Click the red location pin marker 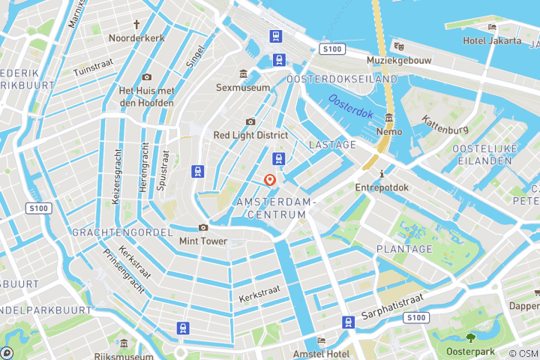[x=270, y=180]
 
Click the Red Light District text [x=250, y=135]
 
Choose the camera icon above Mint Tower [x=202, y=227]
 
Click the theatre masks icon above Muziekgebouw [x=400, y=46]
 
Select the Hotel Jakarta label [x=492, y=40]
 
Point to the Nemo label [x=389, y=131]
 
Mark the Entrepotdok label [x=382, y=187]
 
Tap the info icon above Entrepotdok [x=382, y=172]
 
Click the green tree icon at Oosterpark [x=471, y=337]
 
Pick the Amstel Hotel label [x=322, y=354]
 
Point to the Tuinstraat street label [x=92, y=70]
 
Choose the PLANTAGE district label [x=404, y=249]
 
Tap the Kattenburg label [x=445, y=124]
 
